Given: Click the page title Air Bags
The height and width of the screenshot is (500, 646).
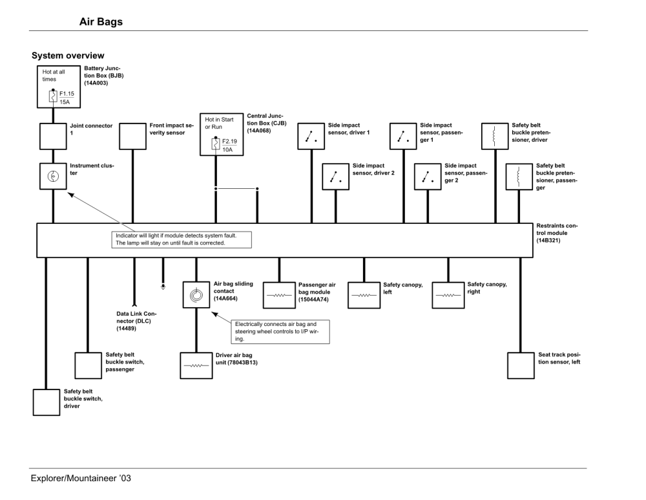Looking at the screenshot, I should coord(100,22).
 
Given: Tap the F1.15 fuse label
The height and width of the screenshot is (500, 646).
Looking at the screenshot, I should coord(66,93).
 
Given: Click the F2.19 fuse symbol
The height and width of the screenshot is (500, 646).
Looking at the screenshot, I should coord(216,144).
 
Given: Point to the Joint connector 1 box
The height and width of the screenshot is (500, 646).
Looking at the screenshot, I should coord(53,136).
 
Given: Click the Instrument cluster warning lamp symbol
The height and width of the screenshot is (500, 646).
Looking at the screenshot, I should coord(53,176).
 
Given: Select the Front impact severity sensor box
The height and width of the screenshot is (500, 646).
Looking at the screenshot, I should coord(134,136).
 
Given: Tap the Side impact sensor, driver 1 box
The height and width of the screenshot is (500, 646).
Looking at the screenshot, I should coord(312,136).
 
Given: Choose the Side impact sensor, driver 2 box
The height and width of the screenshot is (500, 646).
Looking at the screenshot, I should coord(336,176).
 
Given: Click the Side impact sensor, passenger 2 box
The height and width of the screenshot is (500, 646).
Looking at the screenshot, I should coord(427,176).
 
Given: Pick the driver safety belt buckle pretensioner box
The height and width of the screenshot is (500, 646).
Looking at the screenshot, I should coord(494,136).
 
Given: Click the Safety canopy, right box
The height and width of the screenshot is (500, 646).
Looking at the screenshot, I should coord(448,295).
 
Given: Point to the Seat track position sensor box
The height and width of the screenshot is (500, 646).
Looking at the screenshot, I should coord(521,365).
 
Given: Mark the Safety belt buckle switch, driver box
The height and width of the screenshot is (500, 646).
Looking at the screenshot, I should coord(47,402).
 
